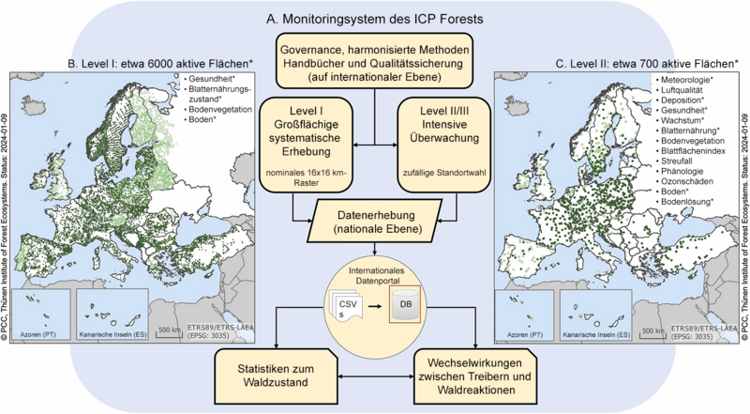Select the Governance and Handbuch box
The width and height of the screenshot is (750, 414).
(375, 63)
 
